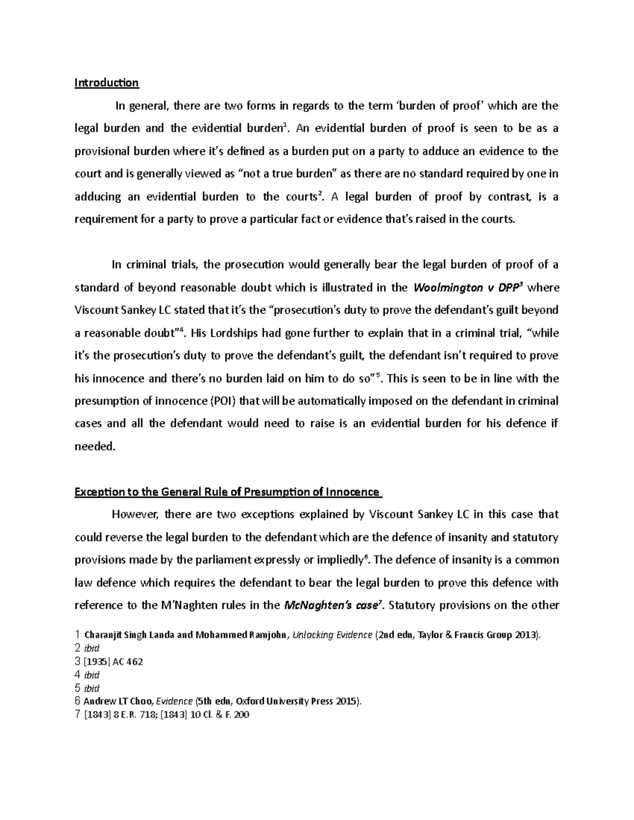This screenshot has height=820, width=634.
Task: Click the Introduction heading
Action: coord(106,83)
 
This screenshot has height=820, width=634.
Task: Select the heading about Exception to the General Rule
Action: coord(227,492)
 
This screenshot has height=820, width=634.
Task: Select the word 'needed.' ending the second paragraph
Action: coord(95,446)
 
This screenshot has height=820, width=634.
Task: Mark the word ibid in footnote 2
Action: coord(92,648)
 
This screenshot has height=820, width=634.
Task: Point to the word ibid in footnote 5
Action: coord(92,689)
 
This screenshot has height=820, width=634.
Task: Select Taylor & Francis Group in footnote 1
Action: coord(465,635)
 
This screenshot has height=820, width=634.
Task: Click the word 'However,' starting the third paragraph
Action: coord(135,515)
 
